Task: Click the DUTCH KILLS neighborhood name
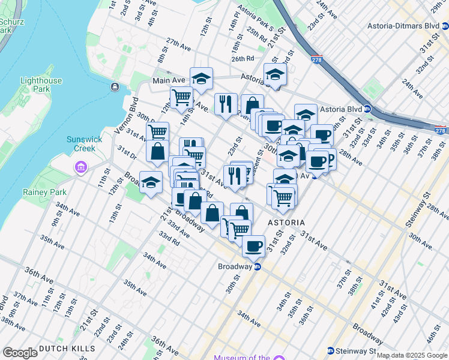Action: click(x=67, y=349)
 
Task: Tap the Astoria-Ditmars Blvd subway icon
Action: click(x=444, y=26)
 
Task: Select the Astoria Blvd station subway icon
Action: click(x=367, y=109)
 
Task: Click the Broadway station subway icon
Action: click(x=258, y=266)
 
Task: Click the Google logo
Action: click(x=20, y=353)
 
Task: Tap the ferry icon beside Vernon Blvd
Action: click(x=114, y=88)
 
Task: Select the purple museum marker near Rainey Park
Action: click(x=79, y=167)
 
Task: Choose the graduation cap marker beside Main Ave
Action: click(x=202, y=78)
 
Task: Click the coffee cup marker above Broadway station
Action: click(x=254, y=245)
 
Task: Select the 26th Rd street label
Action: click(x=243, y=59)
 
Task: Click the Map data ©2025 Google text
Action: click(x=412, y=355)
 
